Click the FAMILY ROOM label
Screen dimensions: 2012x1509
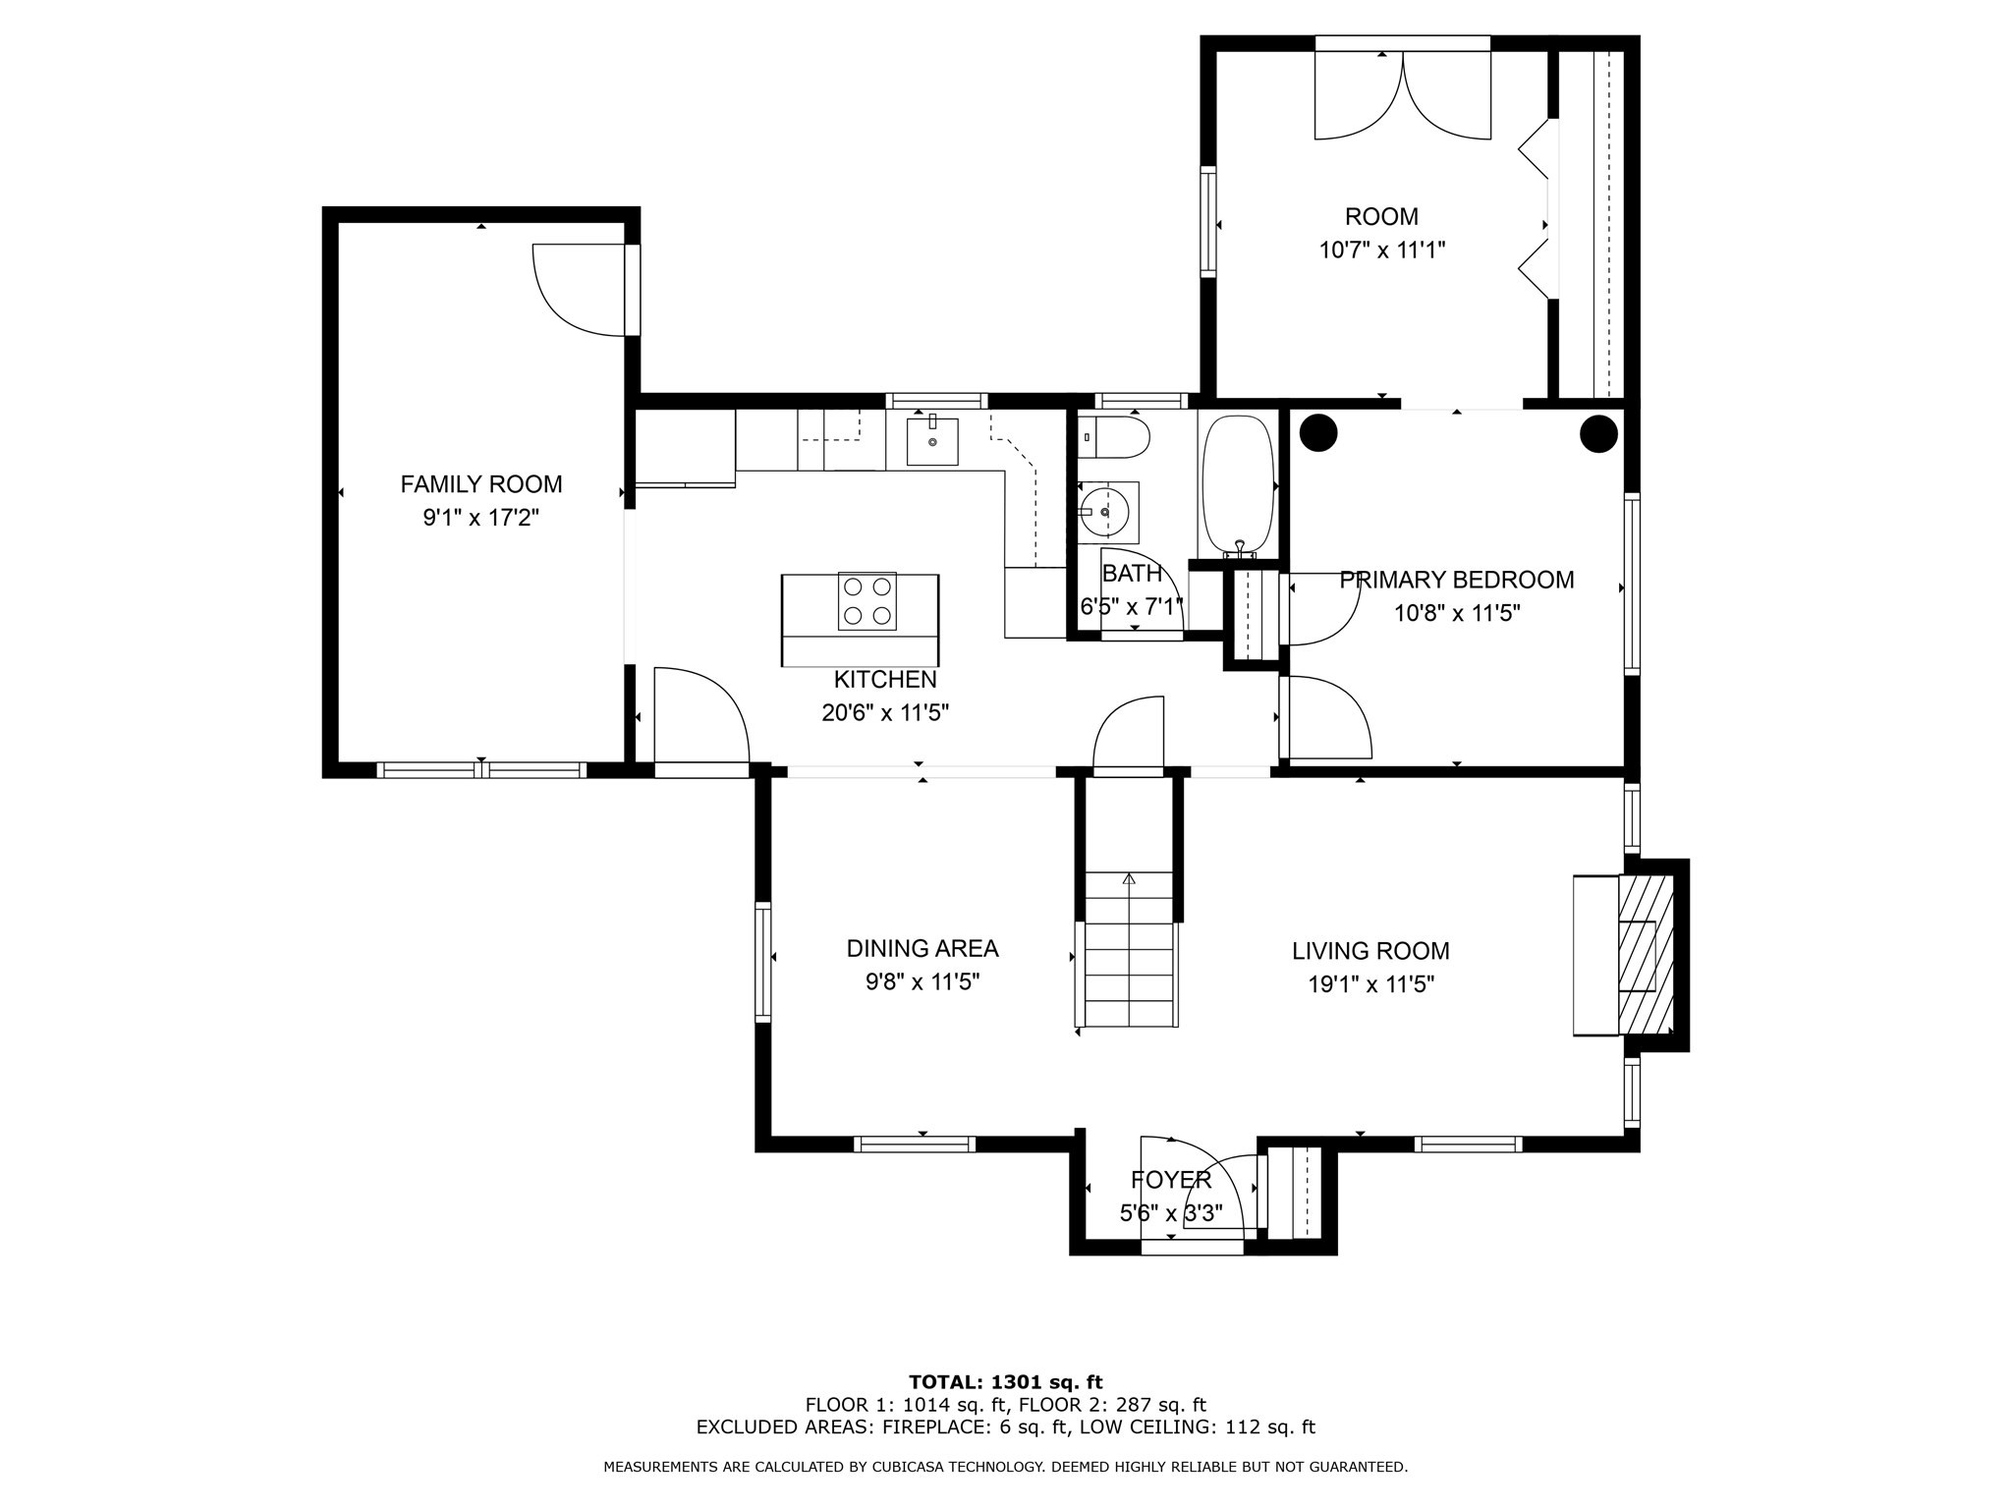pyautogui.click(x=481, y=484)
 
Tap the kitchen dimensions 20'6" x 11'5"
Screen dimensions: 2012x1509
pyautogui.click(x=885, y=713)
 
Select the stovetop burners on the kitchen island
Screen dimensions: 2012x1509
pyautogui.click(x=867, y=601)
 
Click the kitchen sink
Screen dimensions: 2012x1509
pyautogui.click(x=931, y=440)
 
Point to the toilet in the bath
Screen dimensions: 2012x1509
pyautogui.click(x=1114, y=438)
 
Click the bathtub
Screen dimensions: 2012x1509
pyautogui.click(x=1239, y=484)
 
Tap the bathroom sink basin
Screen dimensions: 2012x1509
pyautogui.click(x=1108, y=512)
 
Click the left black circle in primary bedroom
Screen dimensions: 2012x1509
pyautogui.click(x=1318, y=433)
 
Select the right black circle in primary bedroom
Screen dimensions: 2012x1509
pyautogui.click(x=1598, y=433)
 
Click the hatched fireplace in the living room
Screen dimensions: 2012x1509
pyautogui.click(x=1646, y=955)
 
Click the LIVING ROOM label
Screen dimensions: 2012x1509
pyautogui.click(x=1370, y=951)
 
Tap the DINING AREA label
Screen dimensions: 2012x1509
pyautogui.click(x=922, y=948)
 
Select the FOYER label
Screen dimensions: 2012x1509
pyautogui.click(x=1171, y=1180)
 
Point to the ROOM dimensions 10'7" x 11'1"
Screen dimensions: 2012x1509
pyautogui.click(x=1382, y=251)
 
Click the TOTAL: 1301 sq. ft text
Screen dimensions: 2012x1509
pyautogui.click(x=1006, y=1383)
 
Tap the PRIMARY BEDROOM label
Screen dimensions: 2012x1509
pyautogui.click(x=1457, y=580)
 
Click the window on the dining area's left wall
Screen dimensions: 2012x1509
pyautogui.click(x=762, y=961)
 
